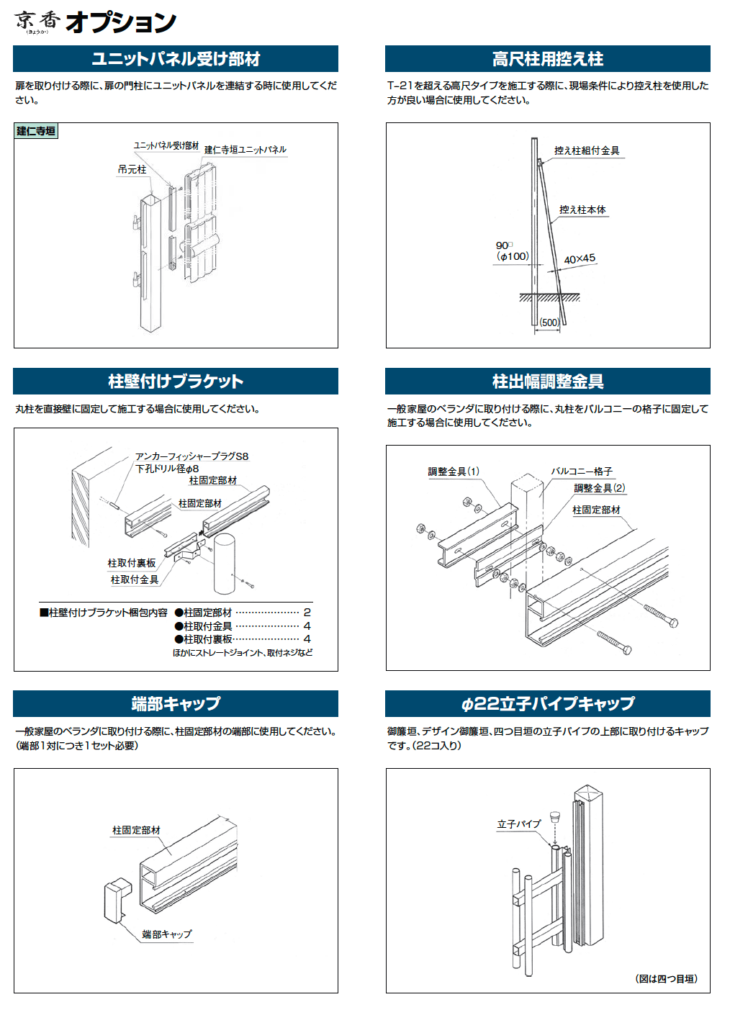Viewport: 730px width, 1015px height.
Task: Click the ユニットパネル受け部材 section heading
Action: [x=176, y=59]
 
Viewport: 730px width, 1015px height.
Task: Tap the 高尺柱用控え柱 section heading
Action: [x=547, y=59]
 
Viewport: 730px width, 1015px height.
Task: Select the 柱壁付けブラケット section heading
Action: [x=176, y=382]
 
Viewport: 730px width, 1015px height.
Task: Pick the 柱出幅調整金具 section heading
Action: [x=547, y=382]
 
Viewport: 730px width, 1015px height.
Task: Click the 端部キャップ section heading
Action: [x=176, y=703]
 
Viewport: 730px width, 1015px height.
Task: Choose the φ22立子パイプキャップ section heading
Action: [x=547, y=703]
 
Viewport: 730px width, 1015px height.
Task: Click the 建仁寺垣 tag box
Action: [x=36, y=131]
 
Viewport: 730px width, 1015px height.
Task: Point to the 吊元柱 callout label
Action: [x=132, y=170]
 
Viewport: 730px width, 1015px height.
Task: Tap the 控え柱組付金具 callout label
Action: [x=587, y=150]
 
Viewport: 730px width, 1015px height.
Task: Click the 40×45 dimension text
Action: [x=580, y=259]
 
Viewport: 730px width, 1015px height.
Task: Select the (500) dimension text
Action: [x=549, y=322]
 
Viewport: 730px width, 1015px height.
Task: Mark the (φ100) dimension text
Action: [x=513, y=256]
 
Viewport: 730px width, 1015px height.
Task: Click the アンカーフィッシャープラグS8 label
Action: [x=191, y=456]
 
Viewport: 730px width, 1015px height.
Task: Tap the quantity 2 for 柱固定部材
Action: [x=307, y=613]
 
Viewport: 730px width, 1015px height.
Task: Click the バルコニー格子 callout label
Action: [x=582, y=472]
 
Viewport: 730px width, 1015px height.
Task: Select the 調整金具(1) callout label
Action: [x=454, y=472]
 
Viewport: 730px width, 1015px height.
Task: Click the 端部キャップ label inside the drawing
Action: [x=167, y=934]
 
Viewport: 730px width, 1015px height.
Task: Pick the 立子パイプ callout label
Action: [x=518, y=824]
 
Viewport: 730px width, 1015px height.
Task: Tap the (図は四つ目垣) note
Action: [x=667, y=979]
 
